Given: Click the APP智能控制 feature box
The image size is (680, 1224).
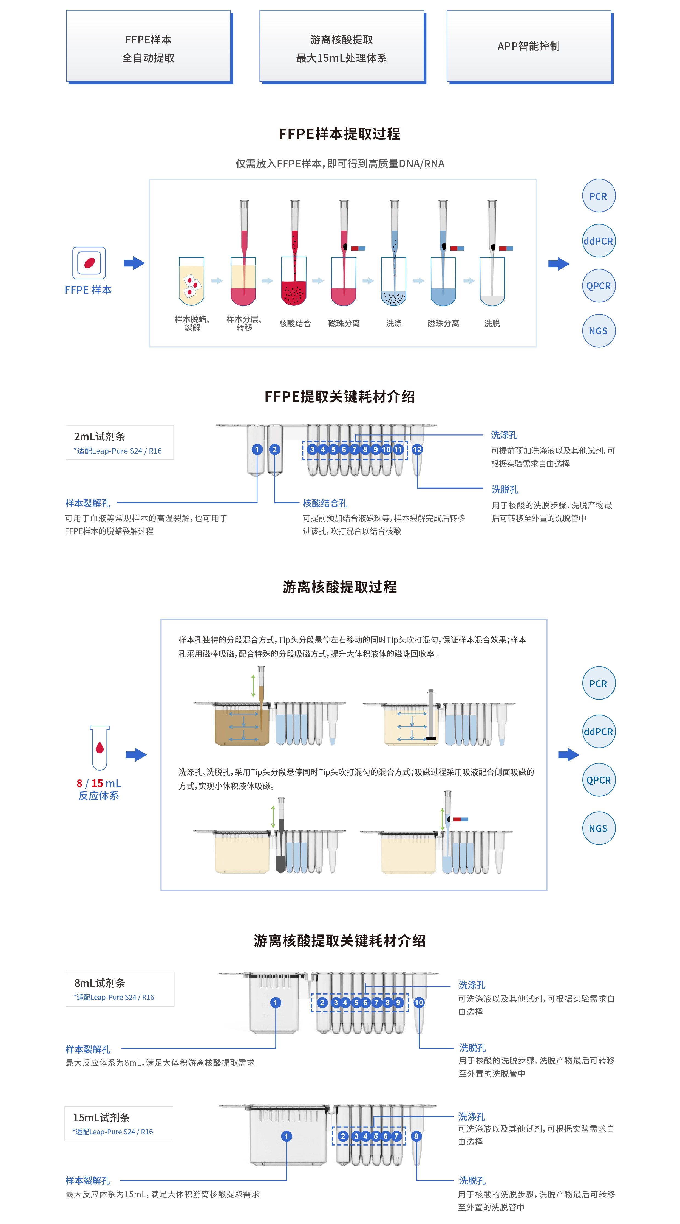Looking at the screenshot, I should pyautogui.click(x=529, y=46).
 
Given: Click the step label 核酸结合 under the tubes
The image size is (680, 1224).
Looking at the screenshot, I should pyautogui.click(x=295, y=323).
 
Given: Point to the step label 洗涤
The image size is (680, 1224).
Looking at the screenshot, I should pyautogui.click(x=394, y=323).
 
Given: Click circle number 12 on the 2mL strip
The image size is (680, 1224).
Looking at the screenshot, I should pyautogui.click(x=417, y=450).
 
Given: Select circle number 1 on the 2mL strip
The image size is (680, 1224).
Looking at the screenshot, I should pyautogui.click(x=257, y=450).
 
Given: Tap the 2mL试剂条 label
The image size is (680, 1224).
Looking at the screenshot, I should pyautogui.click(x=100, y=436).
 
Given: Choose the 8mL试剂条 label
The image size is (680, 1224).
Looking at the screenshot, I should pyautogui.click(x=100, y=982).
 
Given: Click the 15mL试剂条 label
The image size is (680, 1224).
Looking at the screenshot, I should pyautogui.click(x=101, y=1117).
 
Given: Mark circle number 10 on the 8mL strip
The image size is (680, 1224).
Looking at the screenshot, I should pyautogui.click(x=418, y=1003).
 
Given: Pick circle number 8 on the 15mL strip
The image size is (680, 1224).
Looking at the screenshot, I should pyautogui.click(x=416, y=1136).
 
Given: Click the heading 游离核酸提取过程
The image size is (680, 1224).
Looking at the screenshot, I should pyautogui.click(x=339, y=587).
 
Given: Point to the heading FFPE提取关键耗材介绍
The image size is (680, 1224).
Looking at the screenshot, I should pyautogui.click(x=339, y=396).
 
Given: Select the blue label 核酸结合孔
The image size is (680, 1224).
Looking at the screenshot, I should pyautogui.click(x=325, y=503).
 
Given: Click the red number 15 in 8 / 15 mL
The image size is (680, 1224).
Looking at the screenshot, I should pyautogui.click(x=97, y=783).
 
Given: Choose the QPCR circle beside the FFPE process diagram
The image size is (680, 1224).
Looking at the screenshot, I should pyautogui.click(x=598, y=286).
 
